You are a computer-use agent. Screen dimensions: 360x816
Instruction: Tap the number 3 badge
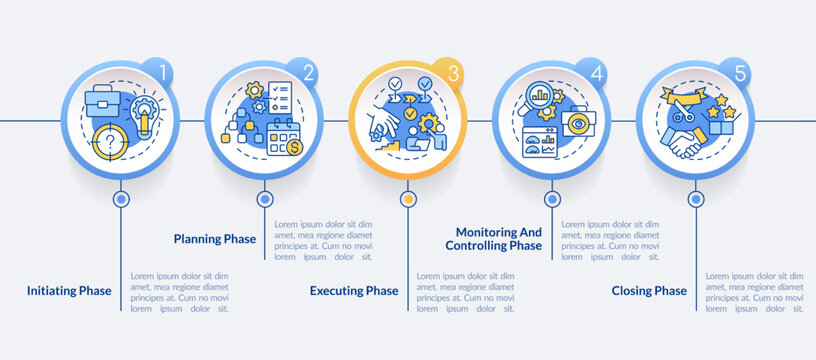click(453, 73)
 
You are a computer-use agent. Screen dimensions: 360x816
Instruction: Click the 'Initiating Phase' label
click(70, 291)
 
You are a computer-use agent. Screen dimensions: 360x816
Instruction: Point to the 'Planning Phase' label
click(214, 239)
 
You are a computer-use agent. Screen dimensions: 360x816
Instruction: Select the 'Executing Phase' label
click(354, 291)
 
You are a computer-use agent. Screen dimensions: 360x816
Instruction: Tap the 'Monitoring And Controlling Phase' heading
click(493, 238)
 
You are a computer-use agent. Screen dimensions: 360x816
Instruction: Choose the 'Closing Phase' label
click(649, 291)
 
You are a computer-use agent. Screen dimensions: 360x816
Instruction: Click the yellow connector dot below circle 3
click(407, 199)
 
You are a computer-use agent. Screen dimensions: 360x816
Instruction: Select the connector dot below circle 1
click(120, 199)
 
